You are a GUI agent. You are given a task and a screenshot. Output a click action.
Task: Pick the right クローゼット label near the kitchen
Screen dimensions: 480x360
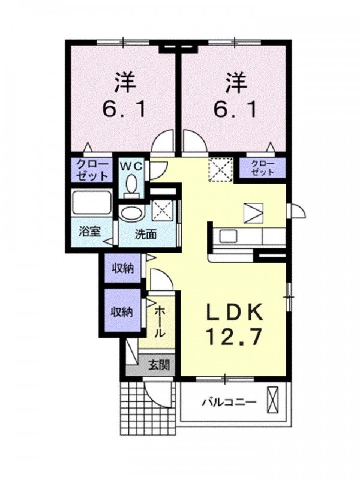(x=263, y=167)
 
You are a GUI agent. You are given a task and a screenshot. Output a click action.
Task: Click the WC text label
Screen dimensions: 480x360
(x=132, y=164)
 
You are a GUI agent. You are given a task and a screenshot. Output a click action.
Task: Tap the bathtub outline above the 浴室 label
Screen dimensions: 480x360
(x=91, y=204)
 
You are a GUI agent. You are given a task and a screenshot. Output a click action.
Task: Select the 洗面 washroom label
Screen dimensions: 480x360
(x=145, y=235)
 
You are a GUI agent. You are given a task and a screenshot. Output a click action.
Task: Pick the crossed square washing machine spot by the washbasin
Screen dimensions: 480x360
(x=163, y=211)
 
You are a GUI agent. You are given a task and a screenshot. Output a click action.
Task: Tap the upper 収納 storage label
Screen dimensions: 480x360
(x=122, y=268)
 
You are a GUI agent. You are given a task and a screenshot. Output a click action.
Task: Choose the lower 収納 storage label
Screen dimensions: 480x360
(x=122, y=311)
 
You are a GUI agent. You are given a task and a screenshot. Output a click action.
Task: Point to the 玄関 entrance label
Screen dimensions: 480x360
(x=159, y=364)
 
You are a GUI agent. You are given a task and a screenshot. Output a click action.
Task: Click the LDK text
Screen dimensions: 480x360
(x=233, y=313)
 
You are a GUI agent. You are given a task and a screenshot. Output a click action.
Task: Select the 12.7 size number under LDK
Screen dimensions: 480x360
(x=233, y=337)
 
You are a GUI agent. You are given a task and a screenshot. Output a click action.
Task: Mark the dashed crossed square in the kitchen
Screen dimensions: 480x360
(x=220, y=169)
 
